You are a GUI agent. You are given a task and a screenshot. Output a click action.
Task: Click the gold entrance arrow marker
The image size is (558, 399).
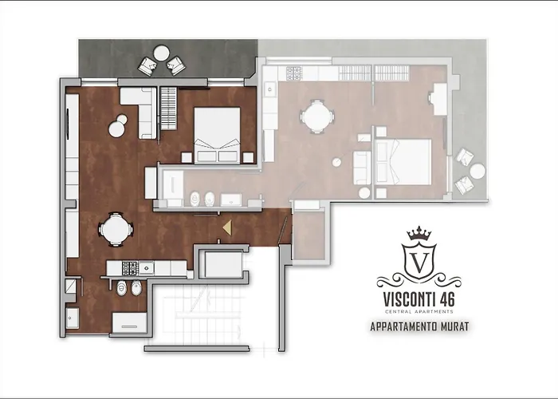pyautogui.click(x=226, y=227)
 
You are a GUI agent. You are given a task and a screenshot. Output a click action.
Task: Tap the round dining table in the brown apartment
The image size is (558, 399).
pyautogui.click(x=116, y=229)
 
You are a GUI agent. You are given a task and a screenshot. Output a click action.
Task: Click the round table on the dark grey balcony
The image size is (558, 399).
pyautogui.click(x=161, y=55)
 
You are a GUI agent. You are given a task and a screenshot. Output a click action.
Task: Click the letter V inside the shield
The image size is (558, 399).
pyautogui.click(x=418, y=261)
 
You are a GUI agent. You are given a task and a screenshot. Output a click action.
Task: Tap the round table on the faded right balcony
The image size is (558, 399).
pyautogui.click(x=477, y=171)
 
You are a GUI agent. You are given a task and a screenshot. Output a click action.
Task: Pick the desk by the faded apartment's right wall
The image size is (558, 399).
pyautogui.click(x=438, y=99)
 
